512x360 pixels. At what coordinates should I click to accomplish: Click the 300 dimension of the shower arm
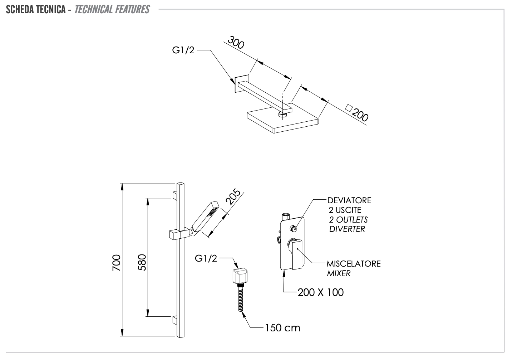pyautogui.click(x=236, y=43)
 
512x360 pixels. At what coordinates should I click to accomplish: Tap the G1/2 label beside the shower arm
pyautogui.click(x=183, y=50)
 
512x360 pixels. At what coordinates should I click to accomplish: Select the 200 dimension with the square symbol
pyautogui.click(x=357, y=113)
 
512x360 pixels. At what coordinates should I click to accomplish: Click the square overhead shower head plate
pyautogui.click(x=283, y=118)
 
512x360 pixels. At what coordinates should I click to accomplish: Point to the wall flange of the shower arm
pyautogui.click(x=242, y=83)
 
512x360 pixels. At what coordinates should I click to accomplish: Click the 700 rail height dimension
pyautogui.click(x=116, y=263)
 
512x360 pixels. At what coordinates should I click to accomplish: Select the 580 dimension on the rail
pyautogui.click(x=142, y=262)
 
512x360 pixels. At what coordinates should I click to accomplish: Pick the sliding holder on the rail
pyautogui.click(x=179, y=235)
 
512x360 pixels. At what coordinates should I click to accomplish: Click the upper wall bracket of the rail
pyautogui.click(x=175, y=195)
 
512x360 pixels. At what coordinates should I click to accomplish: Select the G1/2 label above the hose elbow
pyautogui.click(x=206, y=258)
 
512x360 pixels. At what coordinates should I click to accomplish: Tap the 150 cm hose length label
pyautogui.click(x=282, y=328)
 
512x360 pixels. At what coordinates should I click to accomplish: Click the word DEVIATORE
pyautogui.click(x=349, y=200)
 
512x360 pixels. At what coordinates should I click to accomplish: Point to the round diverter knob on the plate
pyautogui.click(x=293, y=228)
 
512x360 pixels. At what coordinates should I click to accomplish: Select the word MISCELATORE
pyautogui.click(x=354, y=264)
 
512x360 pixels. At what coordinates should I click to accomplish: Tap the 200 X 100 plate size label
pyautogui.click(x=320, y=292)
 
